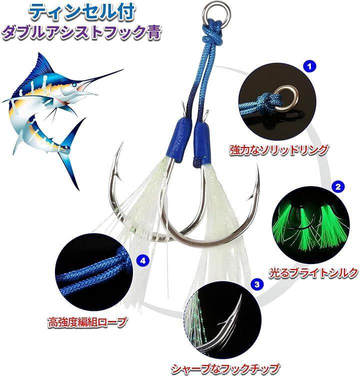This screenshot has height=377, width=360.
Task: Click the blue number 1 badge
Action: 309,66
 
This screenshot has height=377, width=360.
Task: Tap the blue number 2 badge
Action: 338,187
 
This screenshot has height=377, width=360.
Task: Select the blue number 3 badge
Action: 257,284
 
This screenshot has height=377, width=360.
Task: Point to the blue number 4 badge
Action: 143,260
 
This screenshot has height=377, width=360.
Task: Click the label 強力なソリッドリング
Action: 278,149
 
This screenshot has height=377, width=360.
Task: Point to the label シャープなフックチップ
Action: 225,369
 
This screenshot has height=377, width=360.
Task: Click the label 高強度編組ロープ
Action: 87,321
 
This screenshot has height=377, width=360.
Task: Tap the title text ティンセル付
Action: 81,12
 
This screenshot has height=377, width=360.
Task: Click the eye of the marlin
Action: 75,84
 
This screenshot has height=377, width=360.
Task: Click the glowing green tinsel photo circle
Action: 311,225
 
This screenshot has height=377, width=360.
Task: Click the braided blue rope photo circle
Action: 94,271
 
